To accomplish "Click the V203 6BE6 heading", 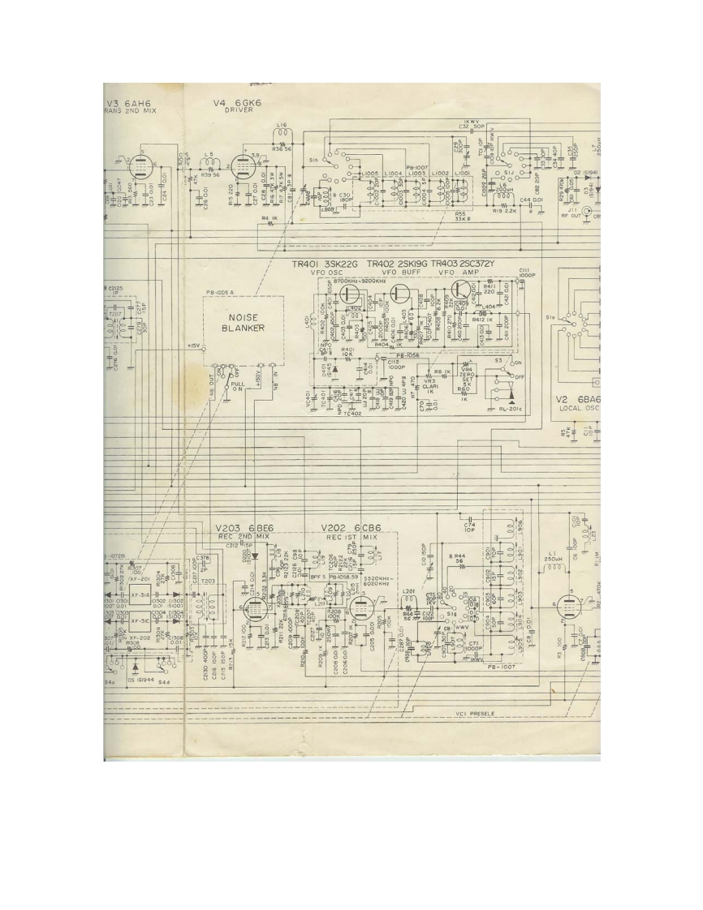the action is pos(244,527).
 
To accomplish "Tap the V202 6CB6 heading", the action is pos(351,527).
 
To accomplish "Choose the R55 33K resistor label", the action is pos(461,217).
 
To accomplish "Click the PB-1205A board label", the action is pos(219,290).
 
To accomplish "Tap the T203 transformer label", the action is pos(207,582).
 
